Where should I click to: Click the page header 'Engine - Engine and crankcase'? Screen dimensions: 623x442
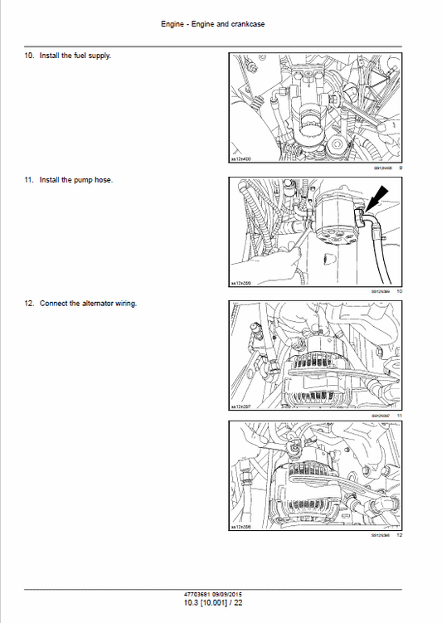pos(220,24)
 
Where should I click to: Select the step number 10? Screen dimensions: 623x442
pos(28,56)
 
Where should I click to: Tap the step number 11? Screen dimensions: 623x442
pos(28,179)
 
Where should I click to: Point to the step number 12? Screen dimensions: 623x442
pos(28,303)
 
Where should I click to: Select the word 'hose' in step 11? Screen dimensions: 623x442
pos(104,179)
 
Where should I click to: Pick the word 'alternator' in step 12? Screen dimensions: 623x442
pos(98,303)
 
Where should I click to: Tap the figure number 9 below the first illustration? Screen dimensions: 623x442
pos(400,168)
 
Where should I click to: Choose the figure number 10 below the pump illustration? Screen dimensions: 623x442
pos(399,291)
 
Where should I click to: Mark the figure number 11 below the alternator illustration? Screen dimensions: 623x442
pos(399,415)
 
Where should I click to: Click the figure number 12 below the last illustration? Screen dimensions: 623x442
pos(399,536)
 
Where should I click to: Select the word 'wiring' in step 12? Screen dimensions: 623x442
pos(127,303)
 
